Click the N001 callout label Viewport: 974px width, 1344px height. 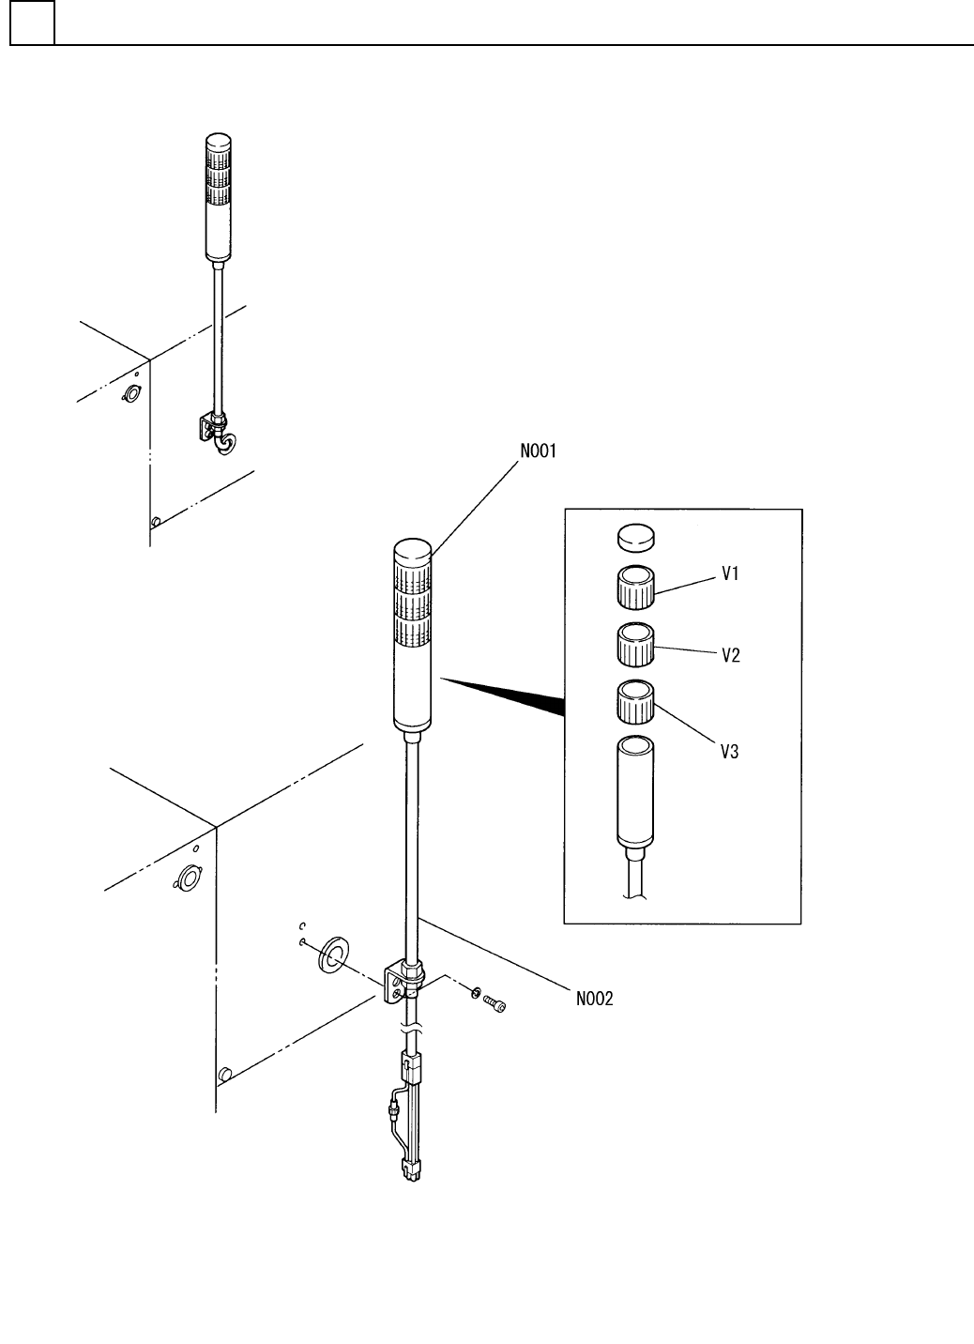pos(539,452)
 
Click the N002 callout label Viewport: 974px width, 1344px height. pos(594,1000)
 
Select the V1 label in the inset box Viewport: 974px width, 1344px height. pos(731,575)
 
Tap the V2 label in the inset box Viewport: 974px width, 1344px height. pos(731,656)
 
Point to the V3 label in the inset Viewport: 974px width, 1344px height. pos(730,752)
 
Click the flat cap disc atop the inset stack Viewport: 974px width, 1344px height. pos(635,537)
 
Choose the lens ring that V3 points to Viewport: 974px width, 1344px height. pos(635,702)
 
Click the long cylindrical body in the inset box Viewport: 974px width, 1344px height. pos(635,791)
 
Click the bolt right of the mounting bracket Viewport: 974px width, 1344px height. pos(494,1006)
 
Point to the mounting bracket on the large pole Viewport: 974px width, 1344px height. pos(401,981)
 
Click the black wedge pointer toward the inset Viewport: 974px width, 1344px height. pos(507,695)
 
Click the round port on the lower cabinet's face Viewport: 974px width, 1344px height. pos(188,878)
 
